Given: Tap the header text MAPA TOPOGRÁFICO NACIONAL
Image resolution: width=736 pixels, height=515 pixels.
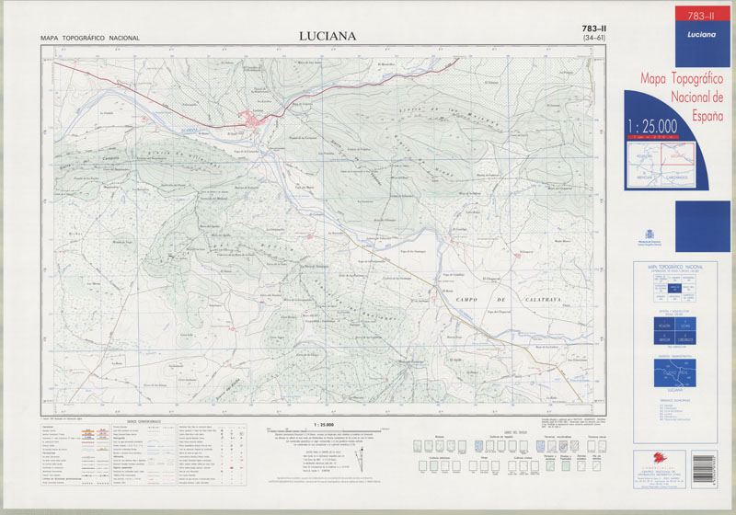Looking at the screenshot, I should [x=90, y=38].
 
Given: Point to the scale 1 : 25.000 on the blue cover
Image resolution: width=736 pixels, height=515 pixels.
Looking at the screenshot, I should [x=652, y=125].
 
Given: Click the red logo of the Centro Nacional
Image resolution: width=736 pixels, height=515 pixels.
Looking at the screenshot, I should [x=664, y=456].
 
